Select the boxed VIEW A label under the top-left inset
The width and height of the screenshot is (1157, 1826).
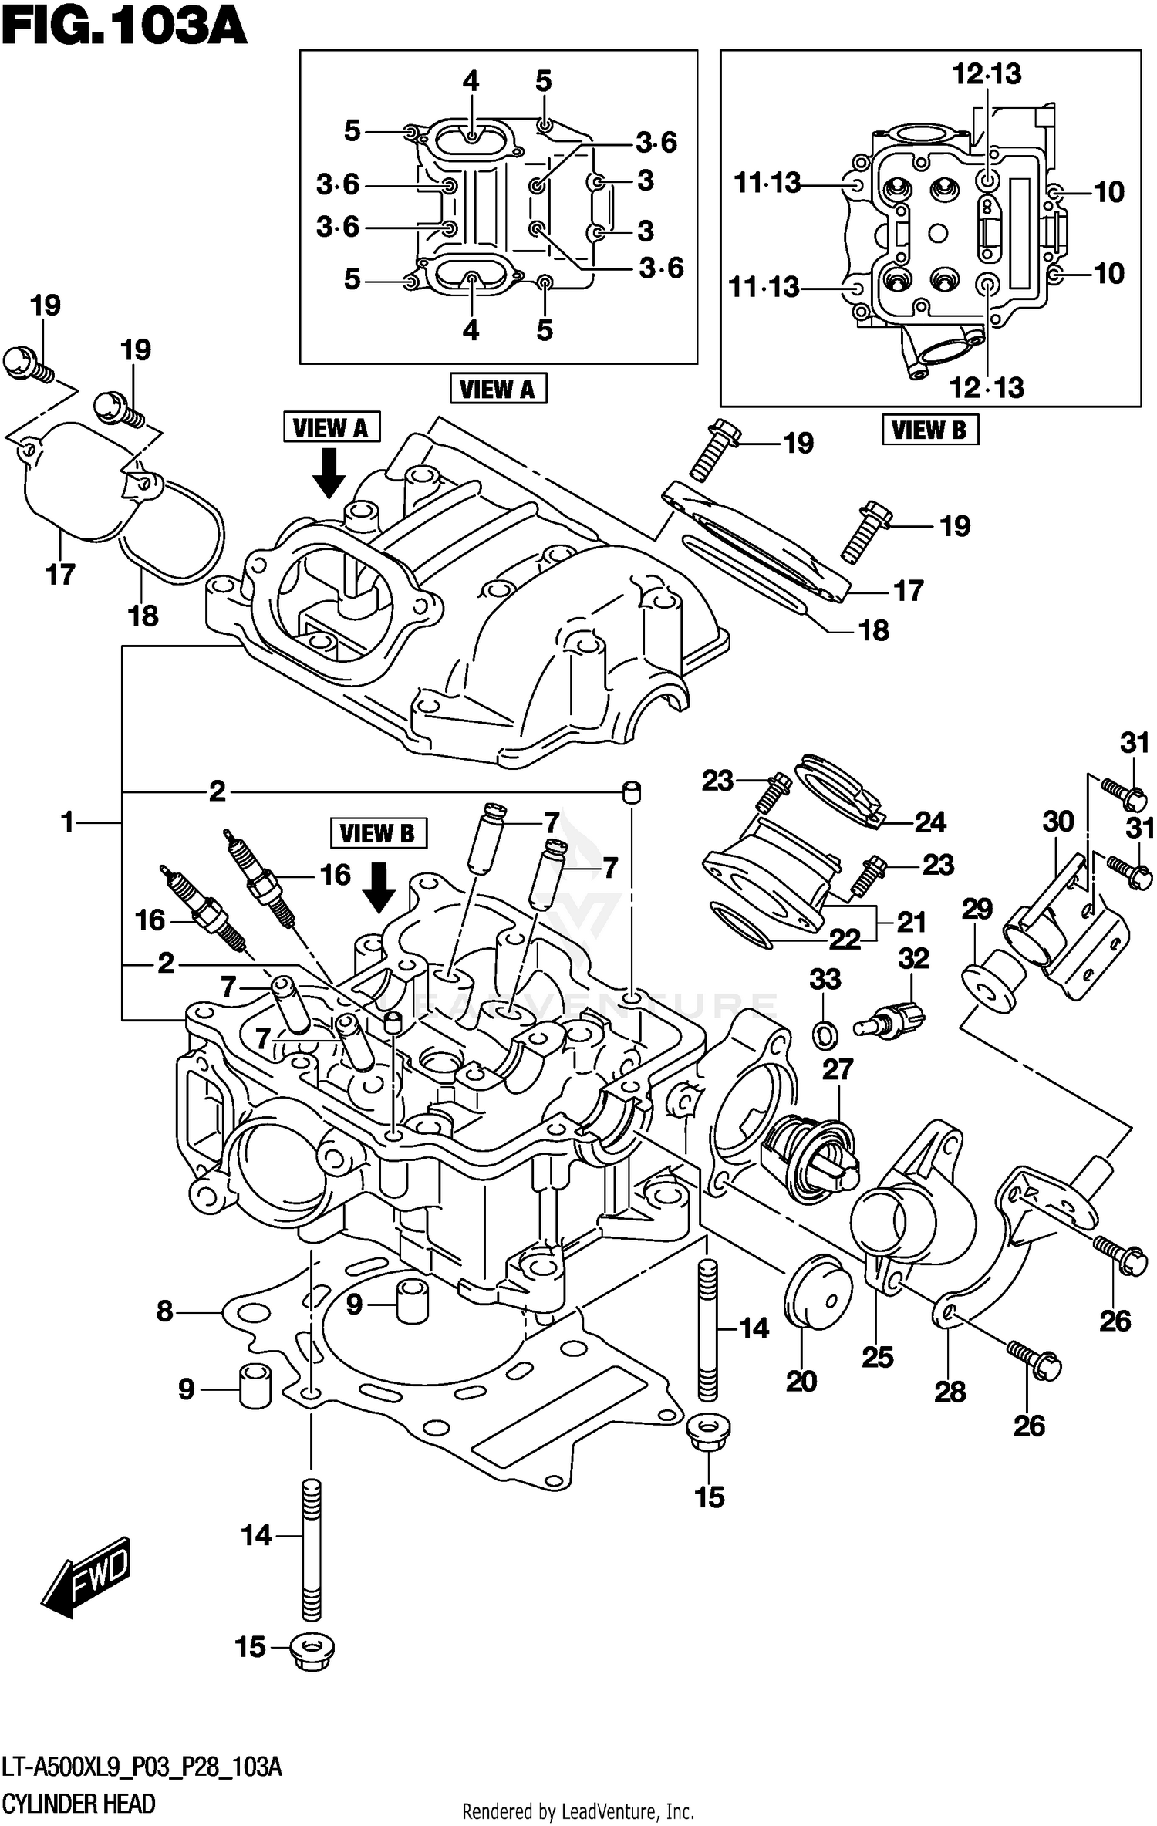click(498, 389)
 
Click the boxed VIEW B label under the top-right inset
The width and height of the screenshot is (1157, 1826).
click(929, 430)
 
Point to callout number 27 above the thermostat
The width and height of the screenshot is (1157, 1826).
click(838, 1069)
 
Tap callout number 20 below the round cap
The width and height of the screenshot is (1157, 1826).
click(801, 1381)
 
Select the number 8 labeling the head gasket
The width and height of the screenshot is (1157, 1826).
click(164, 1311)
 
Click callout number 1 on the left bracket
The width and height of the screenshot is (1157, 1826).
click(69, 822)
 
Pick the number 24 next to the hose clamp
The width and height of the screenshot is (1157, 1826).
click(930, 822)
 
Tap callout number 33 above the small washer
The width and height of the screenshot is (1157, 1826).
click(825, 980)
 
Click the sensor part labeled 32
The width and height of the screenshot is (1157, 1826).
click(891, 1018)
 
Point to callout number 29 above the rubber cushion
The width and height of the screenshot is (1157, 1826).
click(977, 909)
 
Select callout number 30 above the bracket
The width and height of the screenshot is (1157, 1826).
click(1058, 822)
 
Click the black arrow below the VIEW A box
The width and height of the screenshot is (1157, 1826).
click(330, 473)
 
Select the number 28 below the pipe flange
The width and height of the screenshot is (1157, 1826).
click(950, 1392)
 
